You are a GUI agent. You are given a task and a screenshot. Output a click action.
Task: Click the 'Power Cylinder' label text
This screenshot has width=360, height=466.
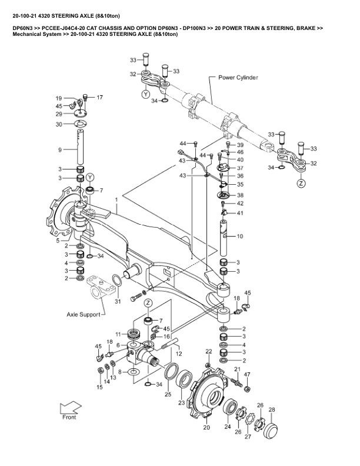(238, 78)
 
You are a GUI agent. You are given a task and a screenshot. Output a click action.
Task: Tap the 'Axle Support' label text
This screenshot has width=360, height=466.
(83, 314)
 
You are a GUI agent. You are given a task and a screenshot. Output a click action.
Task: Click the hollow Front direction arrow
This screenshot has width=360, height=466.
(71, 407)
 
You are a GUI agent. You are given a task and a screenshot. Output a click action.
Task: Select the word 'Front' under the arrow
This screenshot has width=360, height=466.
(69, 417)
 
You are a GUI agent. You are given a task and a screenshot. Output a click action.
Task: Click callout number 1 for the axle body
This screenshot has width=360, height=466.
(116, 199)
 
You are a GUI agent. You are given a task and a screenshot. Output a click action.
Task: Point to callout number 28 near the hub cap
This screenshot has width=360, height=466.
(272, 410)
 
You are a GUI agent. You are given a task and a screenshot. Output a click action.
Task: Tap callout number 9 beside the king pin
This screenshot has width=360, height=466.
(60, 150)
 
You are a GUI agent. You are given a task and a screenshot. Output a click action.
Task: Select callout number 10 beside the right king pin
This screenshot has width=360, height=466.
(239, 237)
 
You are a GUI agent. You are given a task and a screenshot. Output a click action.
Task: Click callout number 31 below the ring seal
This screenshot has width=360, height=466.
(118, 301)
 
